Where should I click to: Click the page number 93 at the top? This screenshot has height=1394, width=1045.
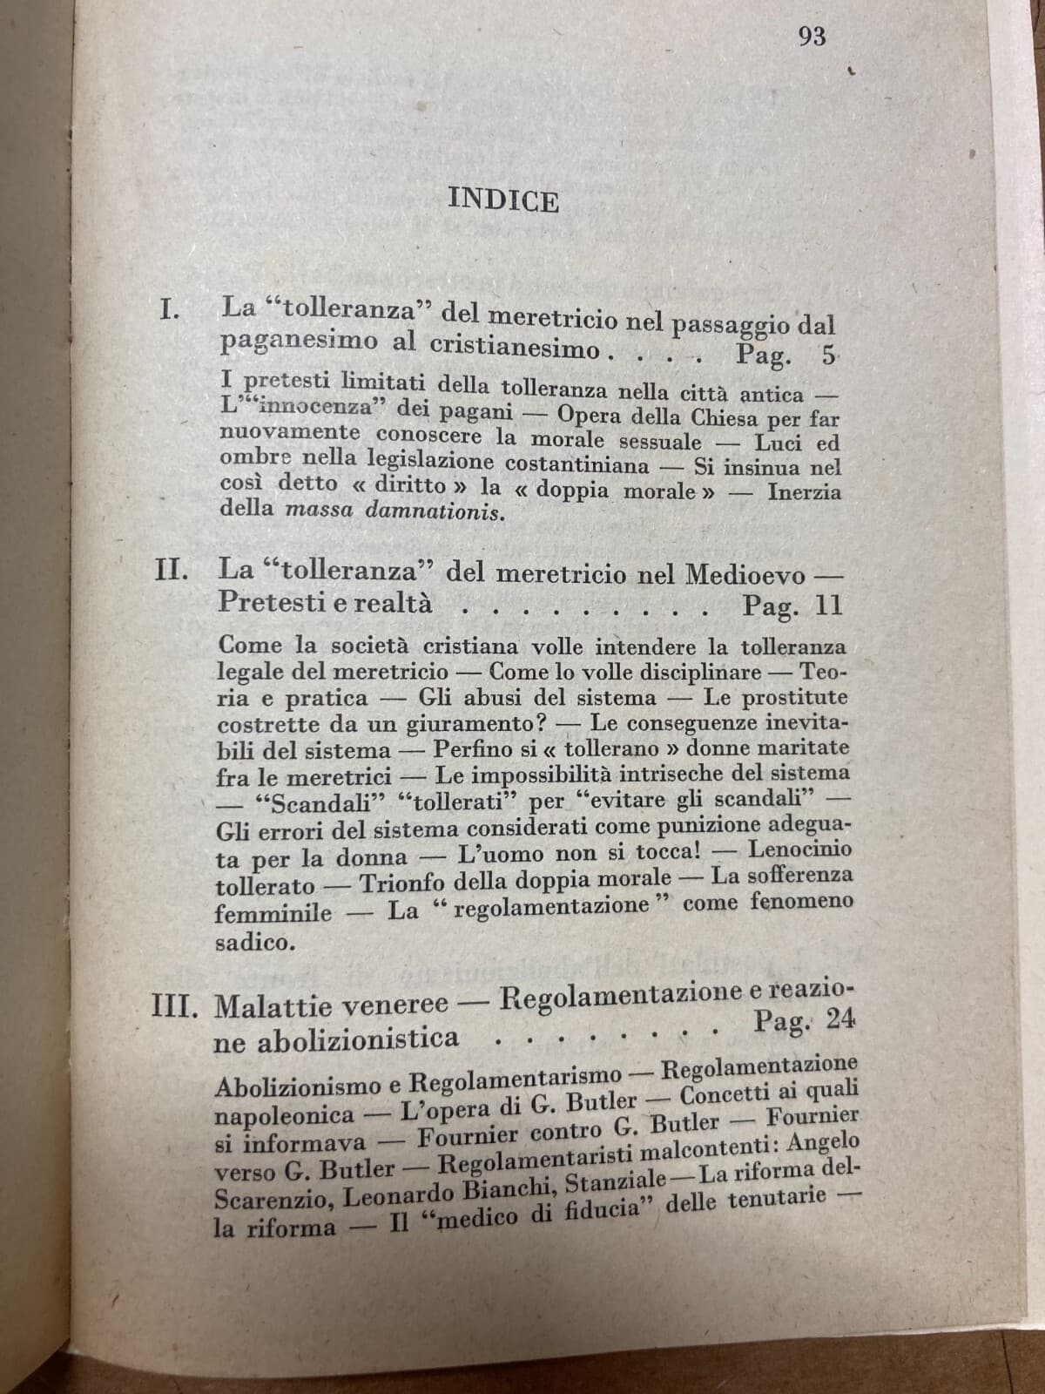tap(811, 37)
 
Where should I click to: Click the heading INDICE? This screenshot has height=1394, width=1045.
tap(503, 201)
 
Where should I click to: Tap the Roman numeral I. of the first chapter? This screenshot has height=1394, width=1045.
tap(169, 308)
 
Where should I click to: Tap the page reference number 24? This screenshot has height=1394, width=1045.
tap(840, 1018)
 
